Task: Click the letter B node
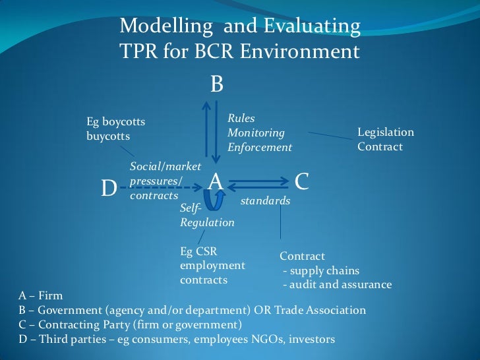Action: click(217, 84)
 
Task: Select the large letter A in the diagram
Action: click(215, 181)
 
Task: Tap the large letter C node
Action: click(302, 181)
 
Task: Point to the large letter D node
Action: click(109, 189)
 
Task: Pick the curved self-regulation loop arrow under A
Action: click(220, 198)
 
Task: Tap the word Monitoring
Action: click(256, 133)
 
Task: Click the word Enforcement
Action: click(260, 147)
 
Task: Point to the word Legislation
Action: click(386, 132)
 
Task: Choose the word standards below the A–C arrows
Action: click(265, 200)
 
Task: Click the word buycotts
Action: click(108, 136)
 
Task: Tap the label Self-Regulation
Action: click(207, 216)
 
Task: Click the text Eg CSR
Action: click(198, 251)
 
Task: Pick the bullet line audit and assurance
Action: click(337, 285)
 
